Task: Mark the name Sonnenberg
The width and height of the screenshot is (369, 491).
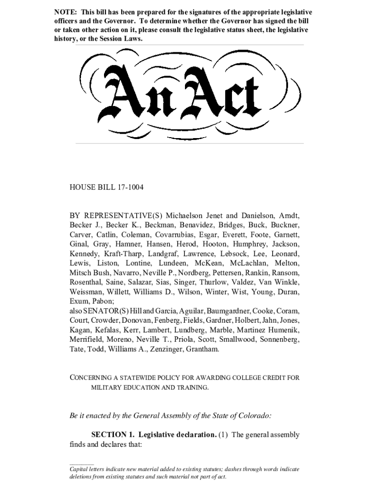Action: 279,339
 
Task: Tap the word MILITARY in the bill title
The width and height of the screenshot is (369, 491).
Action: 106,387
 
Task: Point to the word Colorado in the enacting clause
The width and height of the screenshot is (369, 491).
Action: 254,415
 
